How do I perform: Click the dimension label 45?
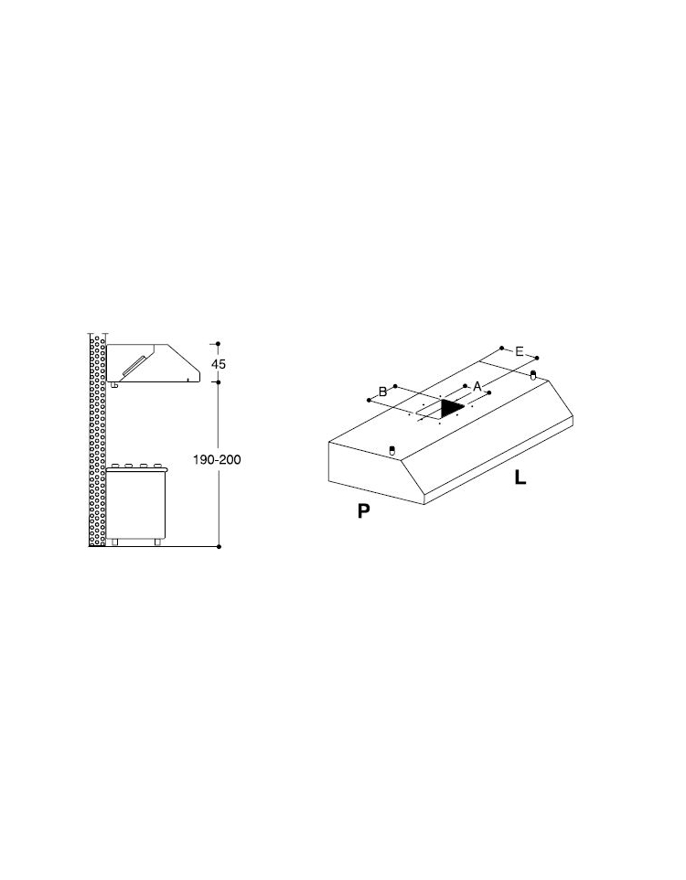point(219,364)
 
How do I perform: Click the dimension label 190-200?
point(217,459)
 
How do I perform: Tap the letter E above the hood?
point(520,352)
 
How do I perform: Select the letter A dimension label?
point(477,387)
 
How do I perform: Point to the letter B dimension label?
point(383,392)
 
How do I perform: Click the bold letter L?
point(520,478)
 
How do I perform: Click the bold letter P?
point(364,510)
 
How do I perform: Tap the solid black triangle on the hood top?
point(451,408)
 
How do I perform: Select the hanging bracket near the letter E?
point(533,374)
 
